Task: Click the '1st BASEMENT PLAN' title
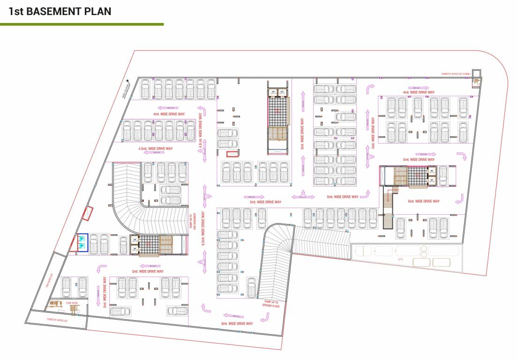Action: [x=60, y=11]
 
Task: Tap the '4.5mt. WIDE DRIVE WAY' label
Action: [x=156, y=149]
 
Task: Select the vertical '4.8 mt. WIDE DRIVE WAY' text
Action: [x=201, y=132]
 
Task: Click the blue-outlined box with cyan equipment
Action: [x=83, y=242]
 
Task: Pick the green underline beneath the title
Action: [x=82, y=24]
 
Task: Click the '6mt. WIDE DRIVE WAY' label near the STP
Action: [x=424, y=201]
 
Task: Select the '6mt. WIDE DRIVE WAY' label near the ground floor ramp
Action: [x=237, y=323]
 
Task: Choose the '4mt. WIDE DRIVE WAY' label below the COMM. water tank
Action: [x=419, y=92]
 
